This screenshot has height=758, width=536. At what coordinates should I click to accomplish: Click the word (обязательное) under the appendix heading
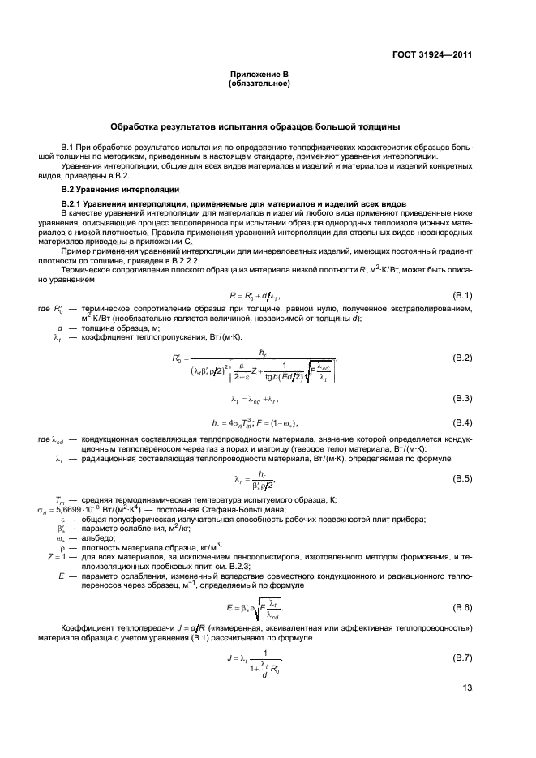coord(259,84)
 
